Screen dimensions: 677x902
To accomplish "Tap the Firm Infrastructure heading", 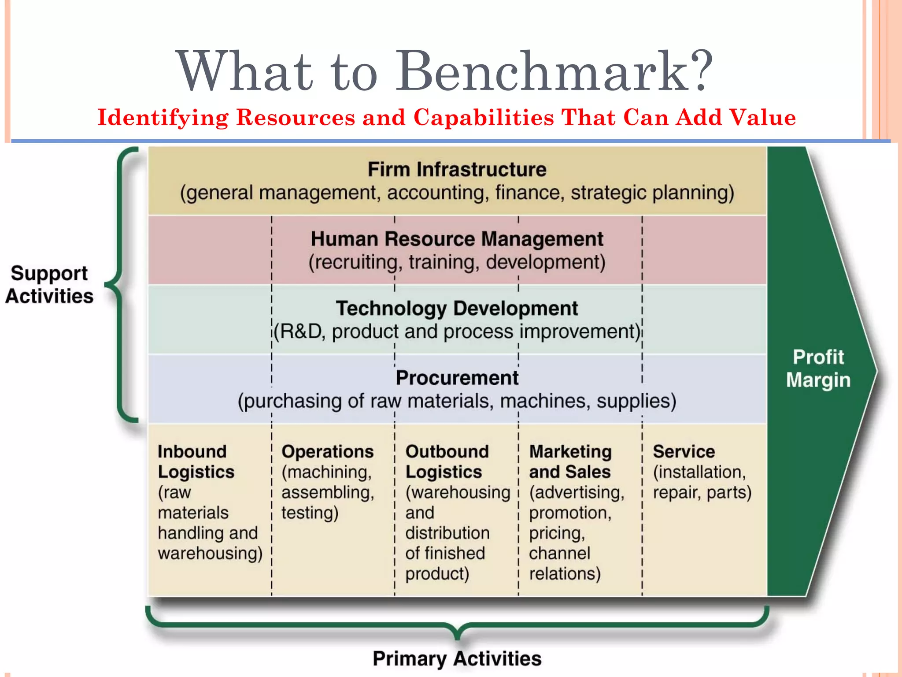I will coord(457,170).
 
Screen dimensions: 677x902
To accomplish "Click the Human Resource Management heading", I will coord(457,239).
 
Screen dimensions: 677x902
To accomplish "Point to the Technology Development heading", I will coord(457,309).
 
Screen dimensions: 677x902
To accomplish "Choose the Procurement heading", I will coord(457,378).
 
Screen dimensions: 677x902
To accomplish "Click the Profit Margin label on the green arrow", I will coord(818,368).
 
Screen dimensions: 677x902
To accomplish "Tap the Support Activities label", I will coord(49,285).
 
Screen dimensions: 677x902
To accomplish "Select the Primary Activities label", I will coord(457,658).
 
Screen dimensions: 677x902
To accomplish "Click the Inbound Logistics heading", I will coord(196,461).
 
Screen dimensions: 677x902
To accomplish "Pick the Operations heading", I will coord(327,452).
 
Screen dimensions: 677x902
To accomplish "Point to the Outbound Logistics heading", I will coord(447,461).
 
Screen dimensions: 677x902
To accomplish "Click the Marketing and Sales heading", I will coord(570,461).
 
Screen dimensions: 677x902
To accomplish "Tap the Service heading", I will coord(684,452).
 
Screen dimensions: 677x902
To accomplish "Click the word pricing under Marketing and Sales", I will coord(557,533).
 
